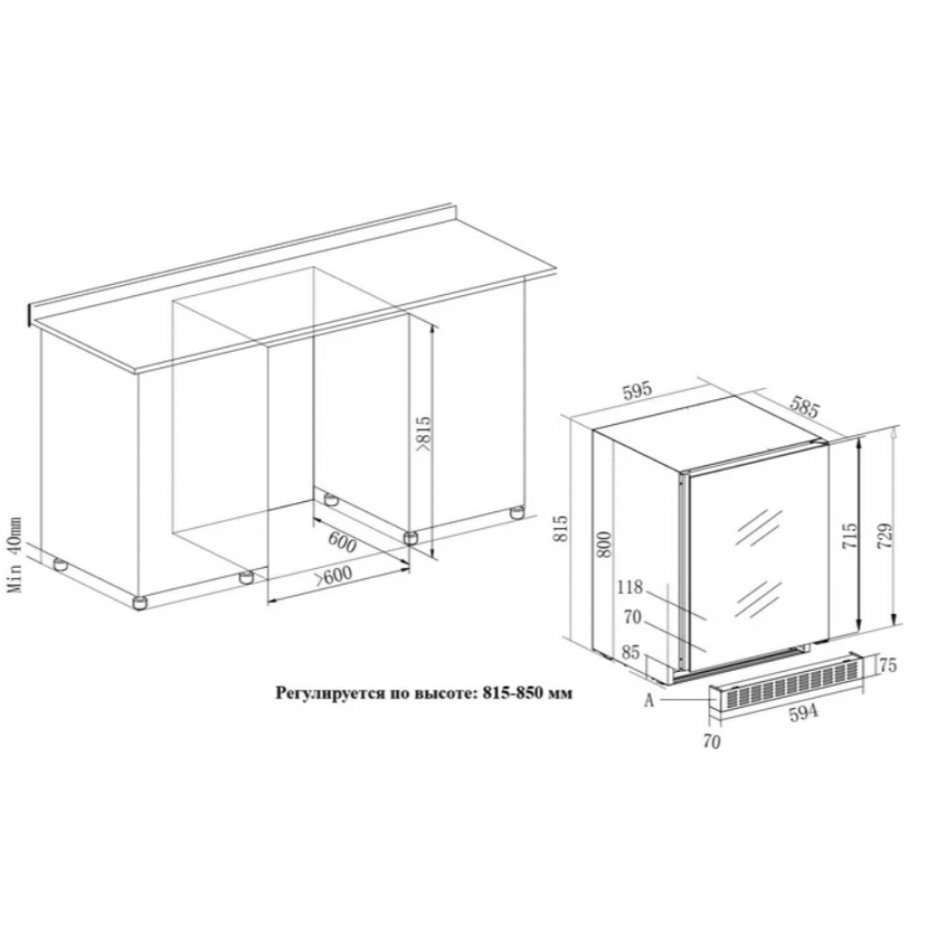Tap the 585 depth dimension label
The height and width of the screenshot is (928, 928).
805,407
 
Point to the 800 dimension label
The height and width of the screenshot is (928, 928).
603,544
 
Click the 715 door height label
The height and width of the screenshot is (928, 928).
848,535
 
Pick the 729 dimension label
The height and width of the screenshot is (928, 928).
884,535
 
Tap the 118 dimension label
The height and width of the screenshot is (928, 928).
630,587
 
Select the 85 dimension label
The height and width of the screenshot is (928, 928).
631,652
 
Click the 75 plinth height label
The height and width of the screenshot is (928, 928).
888,664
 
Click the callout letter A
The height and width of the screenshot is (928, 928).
650,701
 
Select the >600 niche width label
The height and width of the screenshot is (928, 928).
333,576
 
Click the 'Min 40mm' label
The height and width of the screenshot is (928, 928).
15,555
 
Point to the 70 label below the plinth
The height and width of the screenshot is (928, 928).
713,741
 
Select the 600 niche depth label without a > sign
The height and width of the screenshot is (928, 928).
342,541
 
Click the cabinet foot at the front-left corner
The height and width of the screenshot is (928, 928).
140,602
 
